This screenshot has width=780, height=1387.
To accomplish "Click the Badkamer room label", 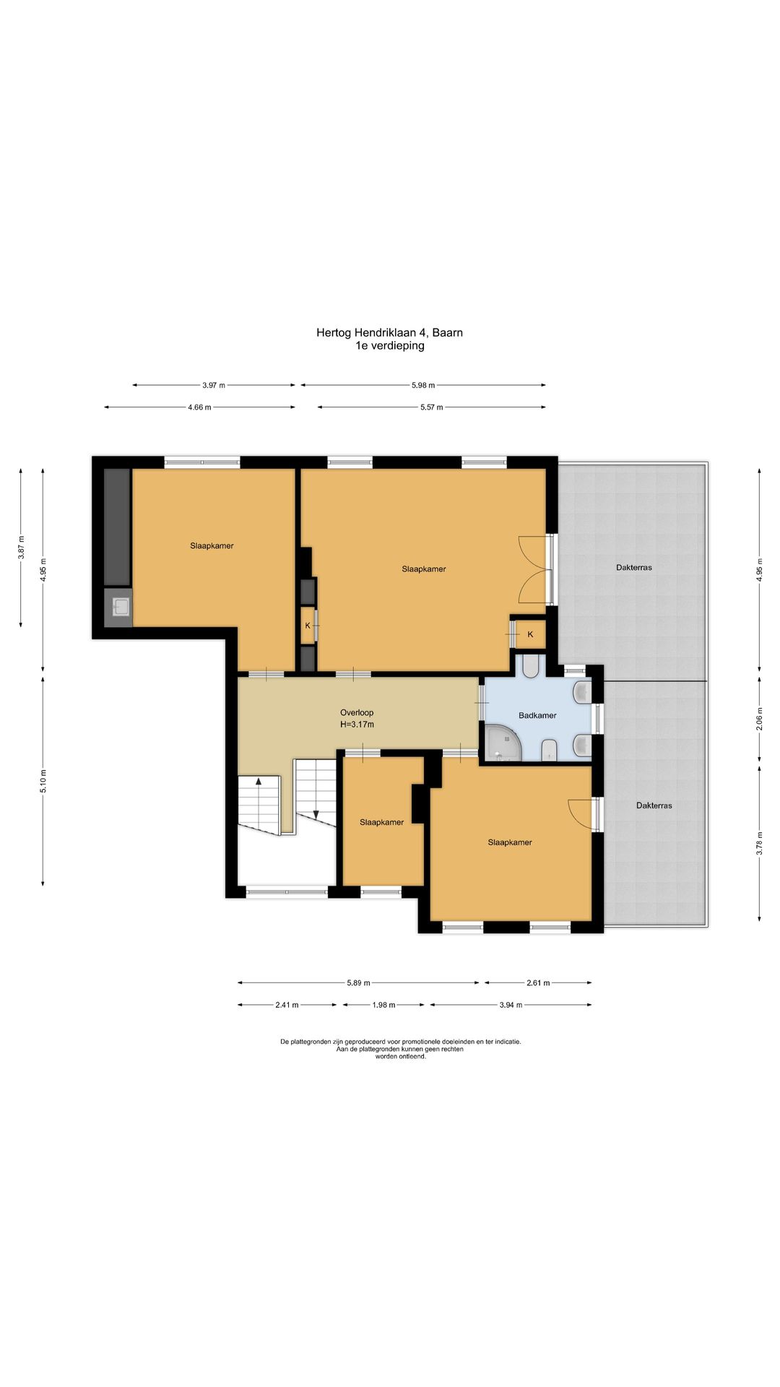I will point(537,715).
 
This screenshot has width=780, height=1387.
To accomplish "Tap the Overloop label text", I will point(357,712).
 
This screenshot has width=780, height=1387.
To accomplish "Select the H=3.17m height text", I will point(357,725).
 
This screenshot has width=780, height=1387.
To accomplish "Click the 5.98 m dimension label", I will point(423,385).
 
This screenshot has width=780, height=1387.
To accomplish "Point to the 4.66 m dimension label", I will point(199,407).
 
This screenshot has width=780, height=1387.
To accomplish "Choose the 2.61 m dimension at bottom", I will point(538,982).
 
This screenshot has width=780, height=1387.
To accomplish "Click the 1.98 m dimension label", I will point(383,1005).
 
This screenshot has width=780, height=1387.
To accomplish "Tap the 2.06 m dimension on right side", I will point(758,720).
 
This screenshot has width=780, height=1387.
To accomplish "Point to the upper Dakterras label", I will point(633,568).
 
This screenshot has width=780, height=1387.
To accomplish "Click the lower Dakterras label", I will point(654,805).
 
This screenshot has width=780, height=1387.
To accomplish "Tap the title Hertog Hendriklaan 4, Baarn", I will point(389,333).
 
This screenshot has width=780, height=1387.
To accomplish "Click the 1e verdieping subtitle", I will point(389,346).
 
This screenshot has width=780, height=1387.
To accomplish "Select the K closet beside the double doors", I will point(530,634).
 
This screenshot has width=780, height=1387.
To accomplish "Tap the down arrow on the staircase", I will point(316,813).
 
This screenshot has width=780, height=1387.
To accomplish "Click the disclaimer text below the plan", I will point(400,1049).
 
